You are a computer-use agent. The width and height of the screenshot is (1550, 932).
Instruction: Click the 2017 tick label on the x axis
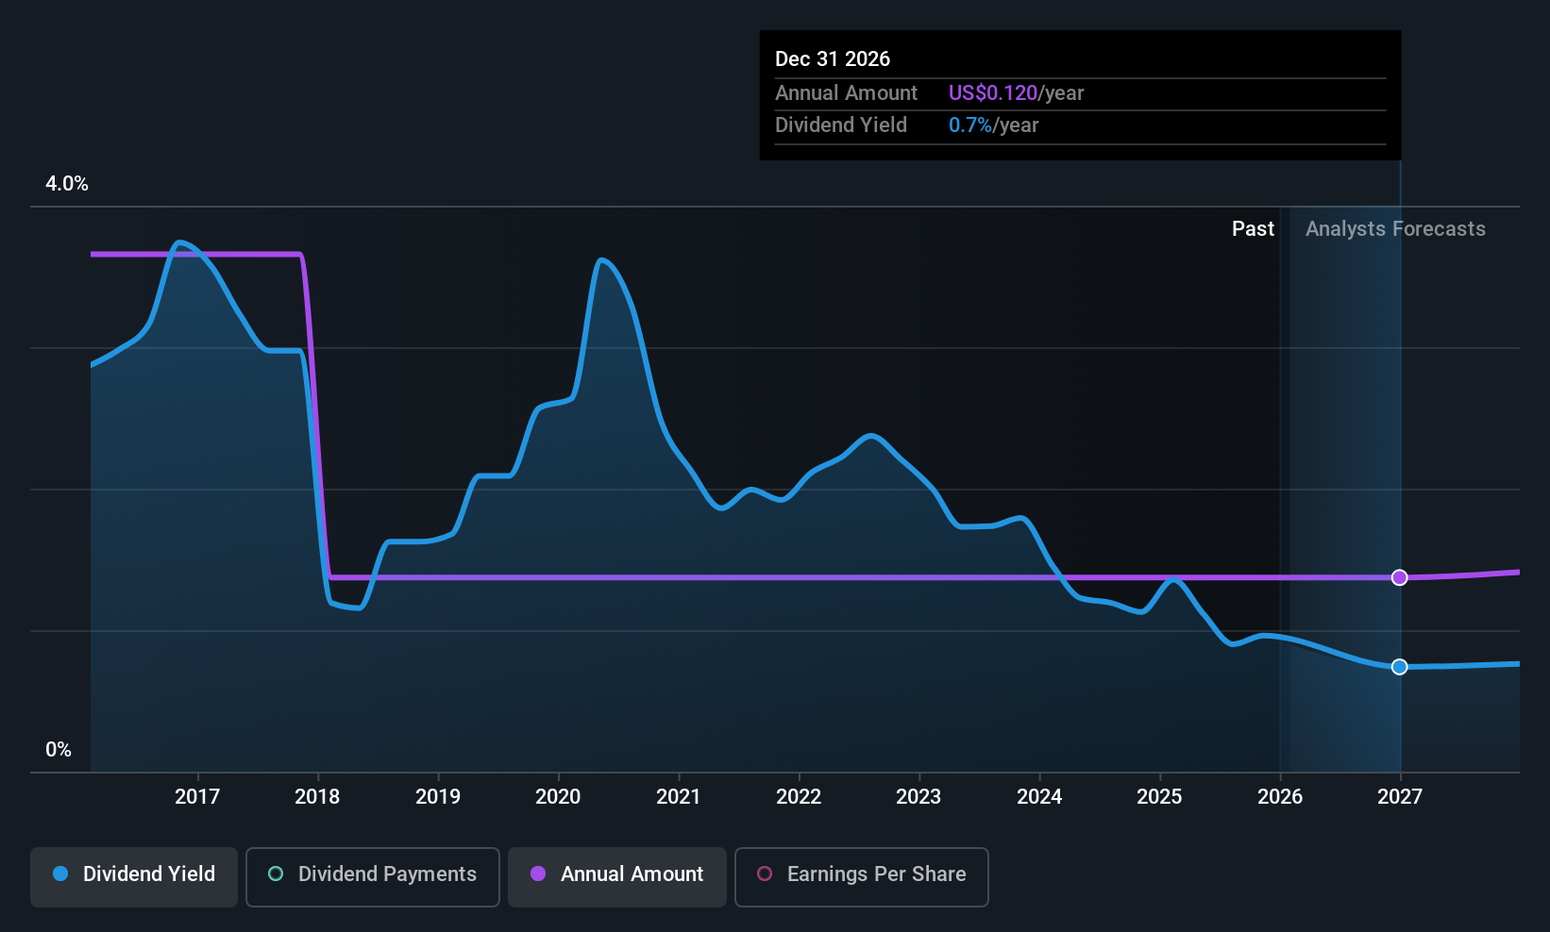pyautogui.click(x=197, y=796)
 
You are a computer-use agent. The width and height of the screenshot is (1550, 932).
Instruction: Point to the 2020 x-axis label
pyautogui.click(x=559, y=796)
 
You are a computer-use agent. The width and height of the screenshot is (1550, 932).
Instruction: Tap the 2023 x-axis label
pyautogui.click(x=918, y=796)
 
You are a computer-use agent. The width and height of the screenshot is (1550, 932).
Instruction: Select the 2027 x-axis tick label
pyautogui.click(x=1400, y=796)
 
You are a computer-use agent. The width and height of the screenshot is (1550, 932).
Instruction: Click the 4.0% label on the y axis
pyautogui.click(x=67, y=184)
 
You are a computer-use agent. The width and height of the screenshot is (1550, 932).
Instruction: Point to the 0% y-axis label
pyautogui.click(x=59, y=750)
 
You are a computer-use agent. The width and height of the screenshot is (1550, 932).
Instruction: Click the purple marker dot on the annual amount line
pyautogui.click(x=1399, y=577)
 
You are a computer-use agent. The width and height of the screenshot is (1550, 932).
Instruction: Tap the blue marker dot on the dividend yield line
pyautogui.click(x=1399, y=667)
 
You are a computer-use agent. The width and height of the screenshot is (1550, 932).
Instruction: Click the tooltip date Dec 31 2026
pyautogui.click(x=833, y=58)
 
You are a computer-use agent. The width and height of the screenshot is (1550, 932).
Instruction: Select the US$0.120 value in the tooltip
pyautogui.click(x=993, y=92)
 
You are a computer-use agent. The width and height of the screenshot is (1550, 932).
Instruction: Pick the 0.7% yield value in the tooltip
pyautogui.click(x=970, y=125)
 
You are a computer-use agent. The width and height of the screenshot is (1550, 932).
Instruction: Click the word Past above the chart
pyautogui.click(x=1254, y=229)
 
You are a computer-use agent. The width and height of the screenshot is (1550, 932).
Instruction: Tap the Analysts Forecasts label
pyautogui.click(x=1395, y=229)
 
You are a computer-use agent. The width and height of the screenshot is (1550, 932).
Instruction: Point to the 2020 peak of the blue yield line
pyautogui.click(x=601, y=260)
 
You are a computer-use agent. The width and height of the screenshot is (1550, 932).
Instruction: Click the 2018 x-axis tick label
pyautogui.click(x=317, y=796)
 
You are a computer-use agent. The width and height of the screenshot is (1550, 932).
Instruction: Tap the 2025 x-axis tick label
pyautogui.click(x=1160, y=796)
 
